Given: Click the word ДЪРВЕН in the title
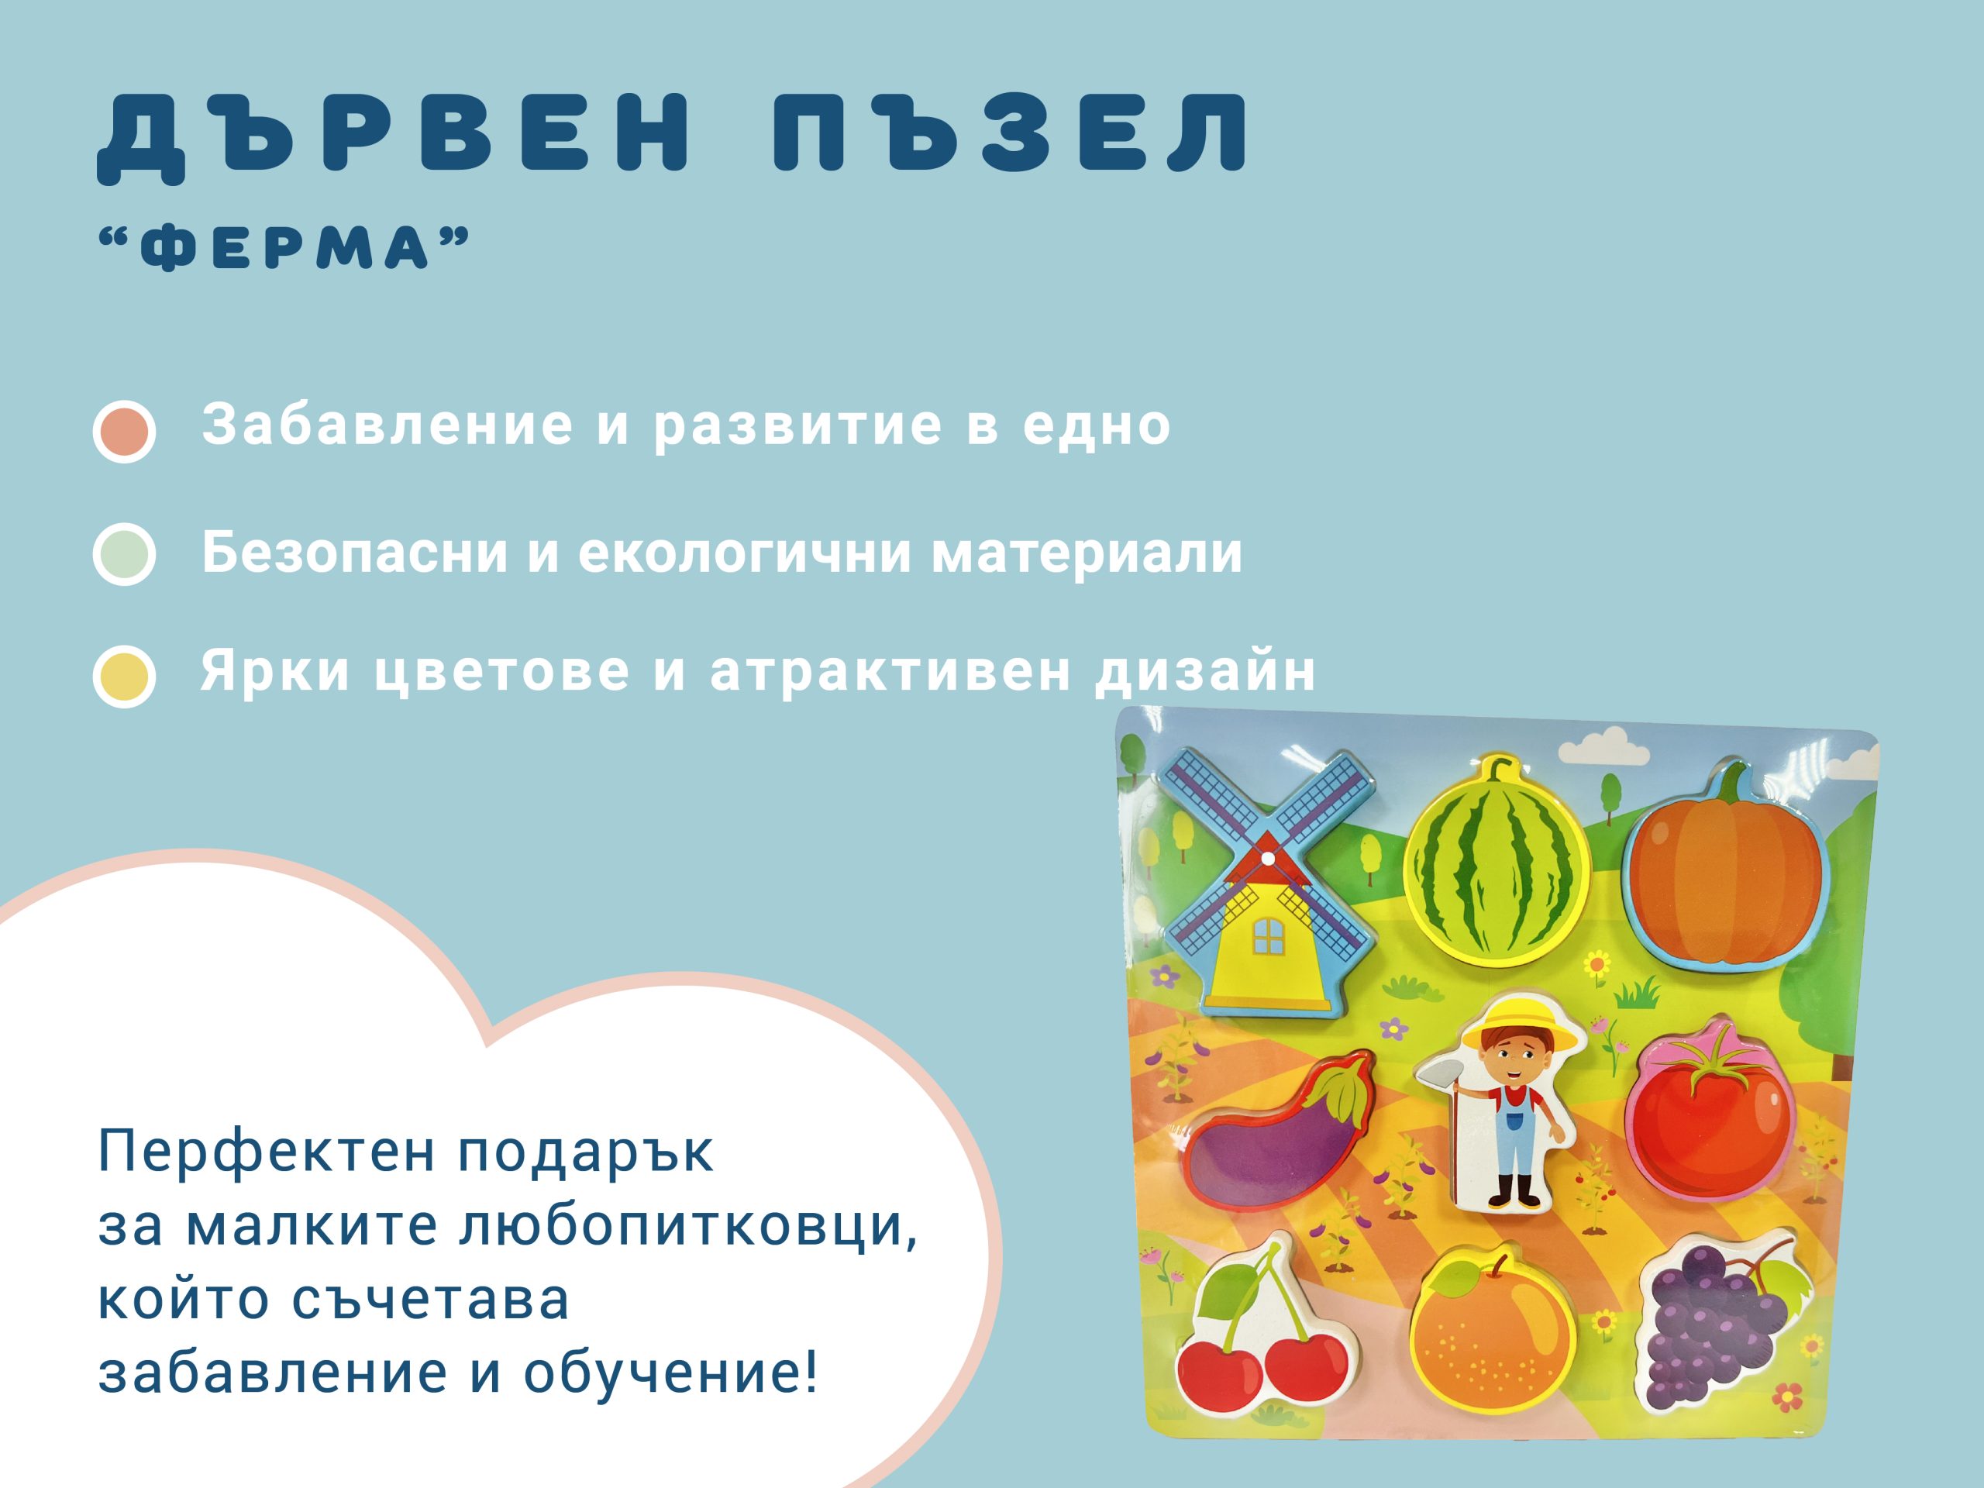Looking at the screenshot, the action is pyautogui.click(x=394, y=133).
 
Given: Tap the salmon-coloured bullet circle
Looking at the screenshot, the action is pyautogui.click(x=124, y=432).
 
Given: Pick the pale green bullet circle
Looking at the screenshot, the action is pyautogui.click(x=124, y=554).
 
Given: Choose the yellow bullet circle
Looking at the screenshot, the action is pyautogui.click(x=124, y=677).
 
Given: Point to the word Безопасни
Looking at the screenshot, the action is pyautogui.click(x=355, y=553).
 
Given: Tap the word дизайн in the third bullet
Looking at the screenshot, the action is pyautogui.click(x=1204, y=671).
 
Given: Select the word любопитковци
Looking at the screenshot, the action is pyautogui.click(x=685, y=1225).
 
